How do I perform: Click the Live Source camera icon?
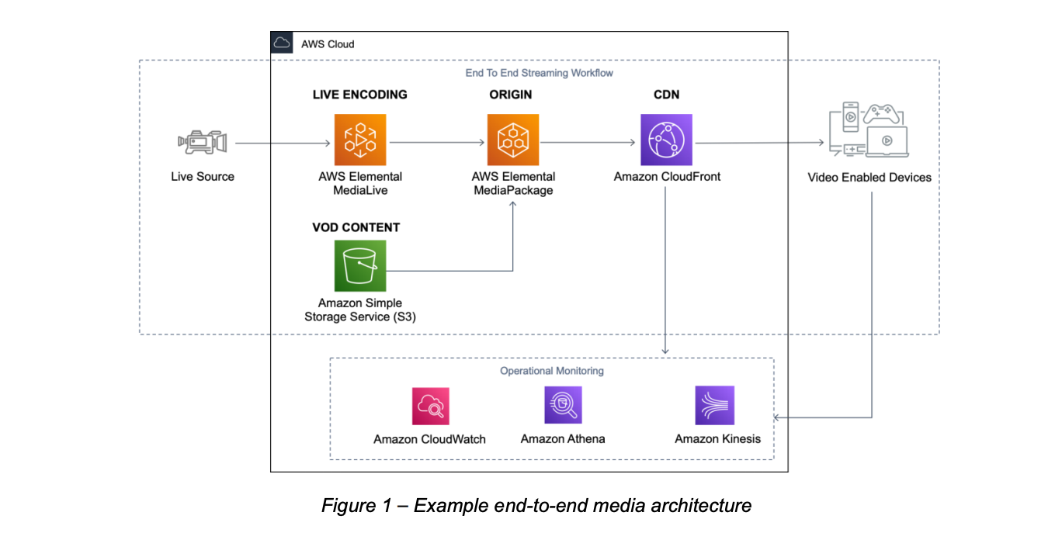pos(202,142)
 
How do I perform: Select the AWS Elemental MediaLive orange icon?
pos(360,140)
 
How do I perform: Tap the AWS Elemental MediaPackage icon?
pos(513,140)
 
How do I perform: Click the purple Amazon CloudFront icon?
pos(666,140)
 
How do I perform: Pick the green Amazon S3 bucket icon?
pos(360,265)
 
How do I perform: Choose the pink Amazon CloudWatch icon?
pos(430,406)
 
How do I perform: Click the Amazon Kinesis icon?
pos(714,405)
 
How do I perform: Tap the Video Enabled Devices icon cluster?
pos(868,130)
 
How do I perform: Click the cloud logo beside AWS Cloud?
pos(282,43)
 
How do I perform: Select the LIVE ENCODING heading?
pos(359,95)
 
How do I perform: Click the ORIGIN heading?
pos(510,95)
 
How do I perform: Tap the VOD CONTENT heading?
pos(356,227)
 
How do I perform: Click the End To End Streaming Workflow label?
pos(539,73)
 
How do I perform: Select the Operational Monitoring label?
pos(551,371)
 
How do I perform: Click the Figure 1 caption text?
pos(536,506)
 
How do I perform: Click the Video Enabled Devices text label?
pos(869,177)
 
